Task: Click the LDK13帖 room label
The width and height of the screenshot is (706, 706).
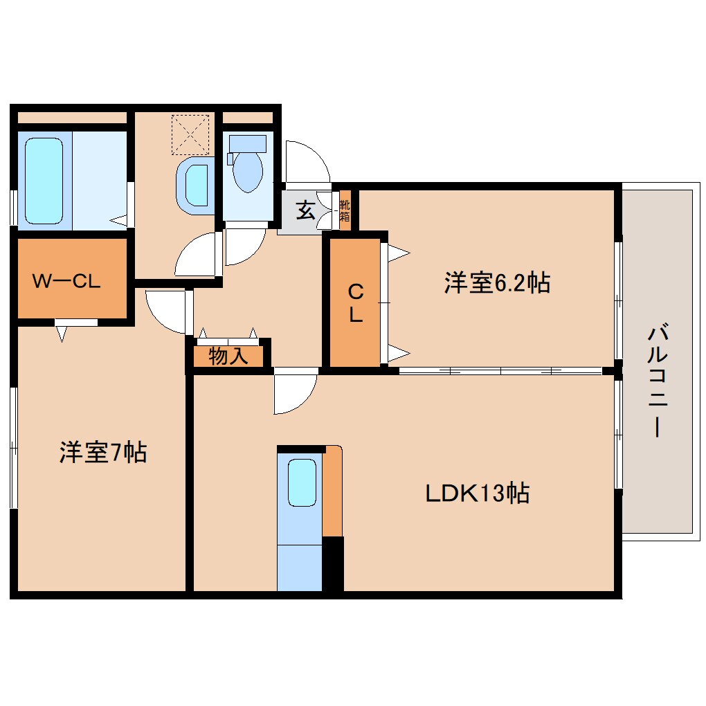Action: (477, 493)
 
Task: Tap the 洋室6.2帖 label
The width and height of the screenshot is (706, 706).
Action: (496, 282)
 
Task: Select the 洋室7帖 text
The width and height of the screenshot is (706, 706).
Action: (102, 453)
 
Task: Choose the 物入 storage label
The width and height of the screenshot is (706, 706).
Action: (228, 356)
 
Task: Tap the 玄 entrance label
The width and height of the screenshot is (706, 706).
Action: (305, 210)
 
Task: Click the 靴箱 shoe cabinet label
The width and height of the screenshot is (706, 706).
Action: (345, 210)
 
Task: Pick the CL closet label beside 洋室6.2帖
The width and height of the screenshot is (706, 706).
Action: (355, 303)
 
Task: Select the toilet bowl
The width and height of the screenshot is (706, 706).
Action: (247, 170)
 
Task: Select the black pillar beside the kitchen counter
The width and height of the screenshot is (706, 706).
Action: (333, 563)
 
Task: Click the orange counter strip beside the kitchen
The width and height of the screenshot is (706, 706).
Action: (333, 491)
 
